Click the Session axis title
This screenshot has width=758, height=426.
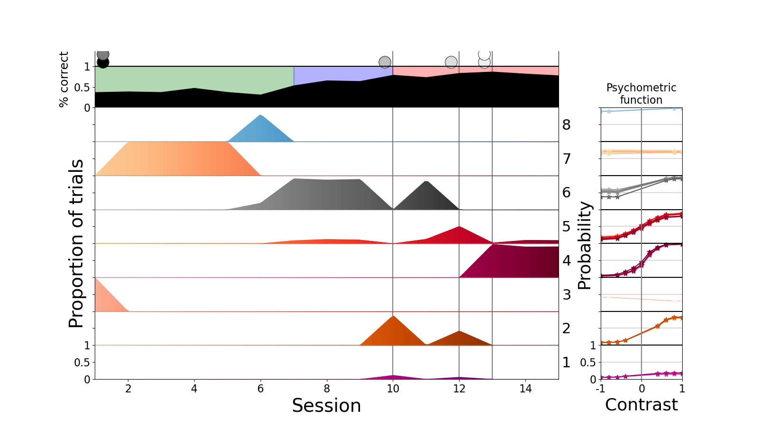[x=326, y=406]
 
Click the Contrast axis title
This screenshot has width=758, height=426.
[x=641, y=405]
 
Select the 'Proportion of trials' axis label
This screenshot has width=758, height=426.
[x=76, y=243]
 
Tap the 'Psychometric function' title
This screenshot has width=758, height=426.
[x=641, y=94]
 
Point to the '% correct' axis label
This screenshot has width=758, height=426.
[x=64, y=80]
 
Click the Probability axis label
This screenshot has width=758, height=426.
[x=585, y=245]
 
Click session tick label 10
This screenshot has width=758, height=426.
[x=393, y=389]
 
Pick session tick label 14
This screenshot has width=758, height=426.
[x=525, y=389]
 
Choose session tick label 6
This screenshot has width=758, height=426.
[x=260, y=389]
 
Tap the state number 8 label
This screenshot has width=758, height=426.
[x=566, y=125]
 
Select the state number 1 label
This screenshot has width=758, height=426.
[x=566, y=363]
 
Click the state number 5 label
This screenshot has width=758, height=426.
[x=566, y=227]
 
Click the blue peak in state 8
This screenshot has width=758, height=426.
[x=261, y=116]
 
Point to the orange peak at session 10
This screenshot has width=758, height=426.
[x=393, y=317]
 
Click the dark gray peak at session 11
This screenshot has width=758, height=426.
[x=426, y=183]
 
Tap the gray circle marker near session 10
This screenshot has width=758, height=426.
[x=385, y=62]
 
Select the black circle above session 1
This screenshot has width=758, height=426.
[x=103, y=62]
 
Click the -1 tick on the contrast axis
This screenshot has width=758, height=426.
[x=600, y=389]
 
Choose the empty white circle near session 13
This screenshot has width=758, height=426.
[x=484, y=54]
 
